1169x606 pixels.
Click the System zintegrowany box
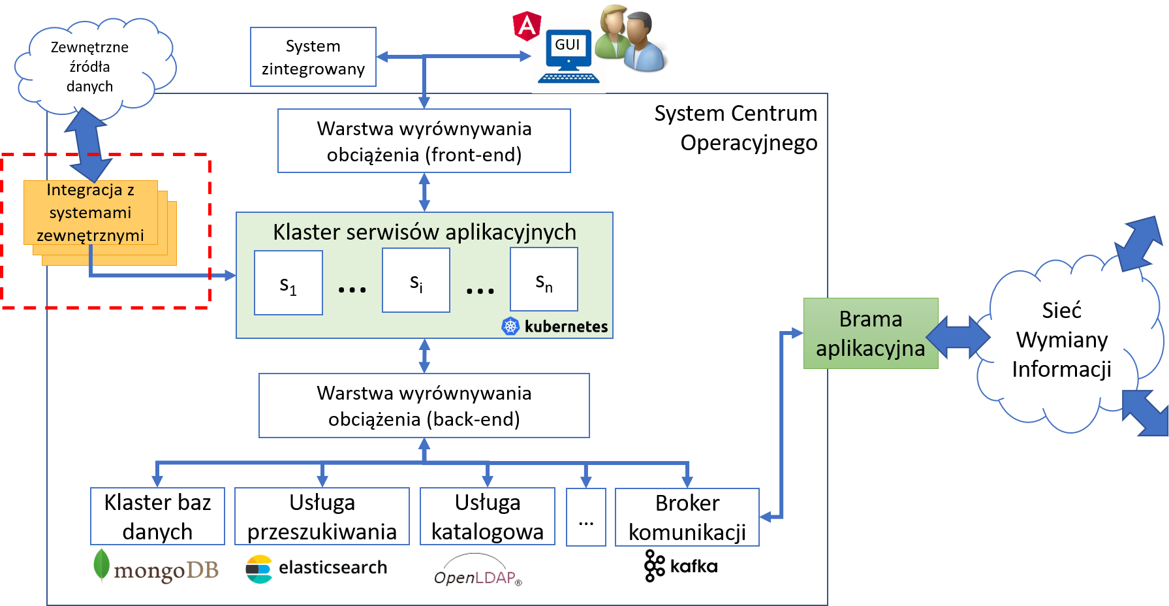click(313, 57)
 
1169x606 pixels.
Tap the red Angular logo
click(526, 26)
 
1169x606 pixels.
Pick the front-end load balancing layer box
click(424, 141)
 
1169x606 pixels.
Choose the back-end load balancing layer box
click(424, 406)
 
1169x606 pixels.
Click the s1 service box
click(288, 283)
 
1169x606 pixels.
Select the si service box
click(416, 281)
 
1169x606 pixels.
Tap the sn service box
click(544, 279)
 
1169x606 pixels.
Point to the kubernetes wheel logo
click(510, 326)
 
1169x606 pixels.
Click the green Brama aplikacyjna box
click(871, 334)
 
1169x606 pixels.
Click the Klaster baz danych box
click(157, 516)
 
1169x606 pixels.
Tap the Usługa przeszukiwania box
click(322, 516)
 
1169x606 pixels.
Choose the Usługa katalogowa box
click(488, 516)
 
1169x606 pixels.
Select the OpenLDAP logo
click(478, 572)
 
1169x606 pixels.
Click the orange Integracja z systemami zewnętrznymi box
click(91, 213)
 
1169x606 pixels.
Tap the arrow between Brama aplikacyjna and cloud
click(958, 336)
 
